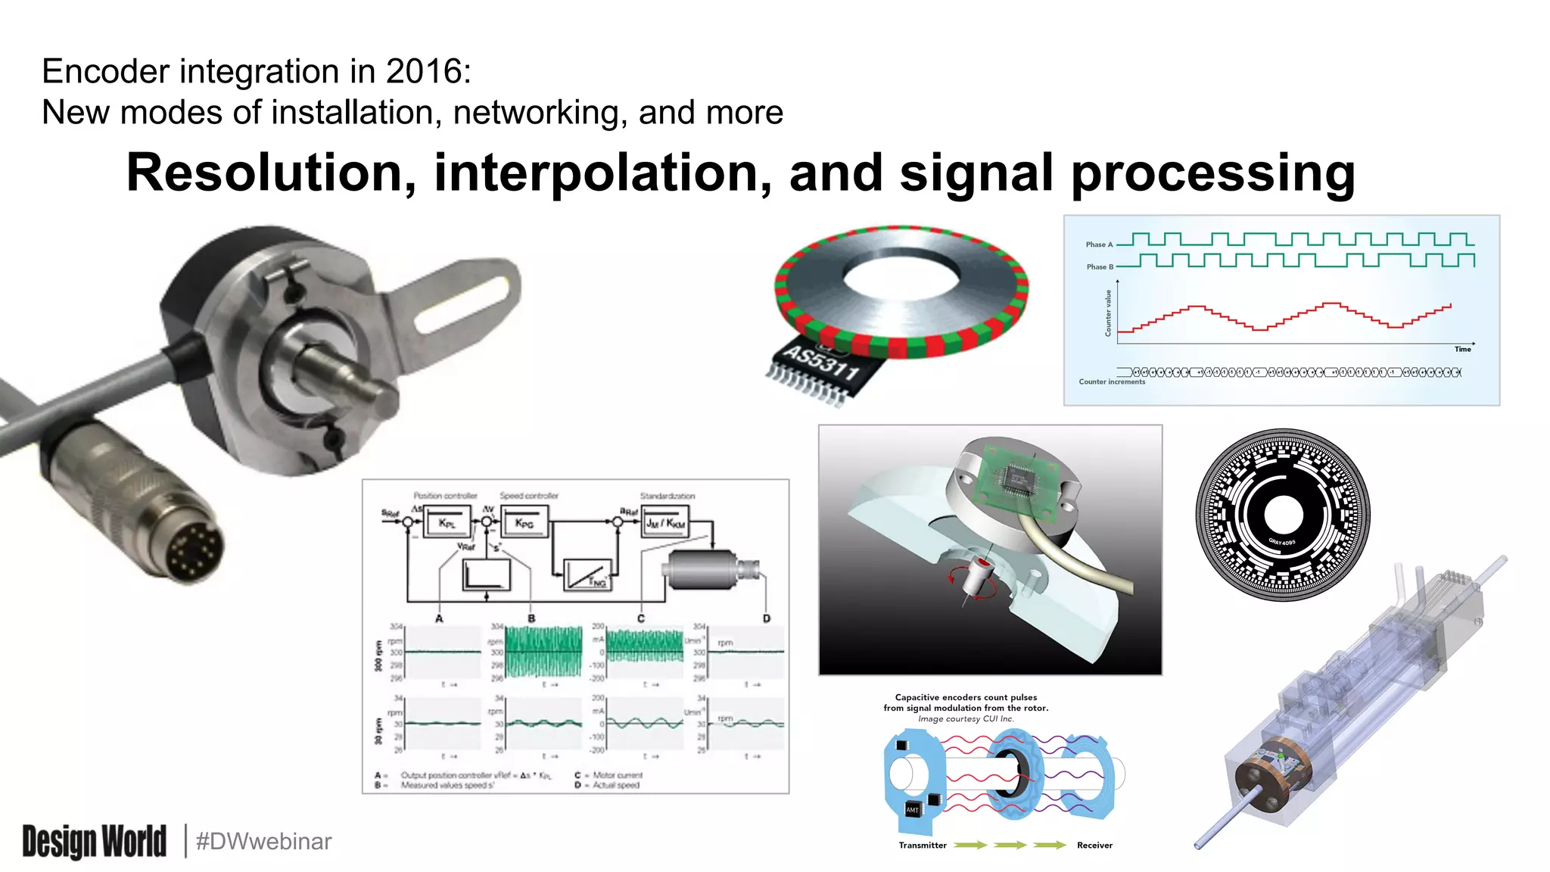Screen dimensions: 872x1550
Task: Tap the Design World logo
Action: [x=94, y=841]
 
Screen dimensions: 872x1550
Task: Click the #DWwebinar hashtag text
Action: [x=263, y=841]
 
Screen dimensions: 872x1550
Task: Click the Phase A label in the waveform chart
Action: [x=1099, y=244]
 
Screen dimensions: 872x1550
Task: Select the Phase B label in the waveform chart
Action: [x=1099, y=266]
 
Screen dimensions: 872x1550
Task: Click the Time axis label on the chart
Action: [x=1462, y=349]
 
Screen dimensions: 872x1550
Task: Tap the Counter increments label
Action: [x=1111, y=381]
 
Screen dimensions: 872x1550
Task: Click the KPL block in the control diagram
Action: [x=447, y=523]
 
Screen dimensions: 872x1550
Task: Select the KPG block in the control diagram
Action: [x=524, y=523]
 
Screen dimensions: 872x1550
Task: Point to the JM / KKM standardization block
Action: [x=665, y=523]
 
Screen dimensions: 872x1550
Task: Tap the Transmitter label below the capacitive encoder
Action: [x=922, y=846]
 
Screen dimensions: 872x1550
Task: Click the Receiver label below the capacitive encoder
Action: [x=1094, y=846]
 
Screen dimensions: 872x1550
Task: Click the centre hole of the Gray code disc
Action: [x=1283, y=515]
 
